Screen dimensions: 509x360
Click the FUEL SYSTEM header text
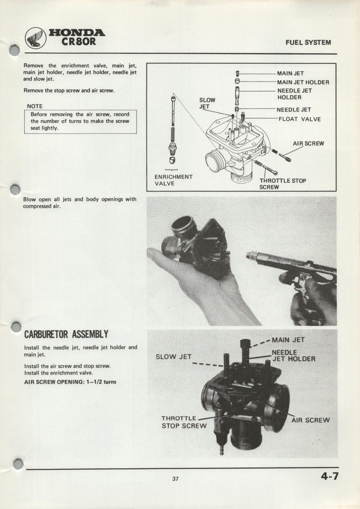tap(308, 43)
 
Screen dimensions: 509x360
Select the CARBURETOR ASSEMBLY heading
tap(66, 334)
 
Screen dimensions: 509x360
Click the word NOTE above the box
tap(34, 106)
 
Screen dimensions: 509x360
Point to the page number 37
tap(175, 478)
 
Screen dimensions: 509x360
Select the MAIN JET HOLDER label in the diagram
tap(303, 82)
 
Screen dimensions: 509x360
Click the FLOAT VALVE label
tap(300, 119)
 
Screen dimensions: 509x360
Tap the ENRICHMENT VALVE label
tap(173, 180)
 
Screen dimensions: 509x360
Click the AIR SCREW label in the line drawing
tap(308, 143)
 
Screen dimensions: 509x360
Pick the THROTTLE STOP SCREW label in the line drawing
tap(282, 184)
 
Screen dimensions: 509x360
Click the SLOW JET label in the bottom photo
tap(173, 357)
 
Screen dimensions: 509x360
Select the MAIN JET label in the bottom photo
tap(288, 340)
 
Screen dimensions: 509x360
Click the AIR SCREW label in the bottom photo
tap(310, 420)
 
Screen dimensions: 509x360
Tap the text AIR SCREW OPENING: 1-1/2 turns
tap(70, 382)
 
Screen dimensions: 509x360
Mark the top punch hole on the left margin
tap(14, 50)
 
